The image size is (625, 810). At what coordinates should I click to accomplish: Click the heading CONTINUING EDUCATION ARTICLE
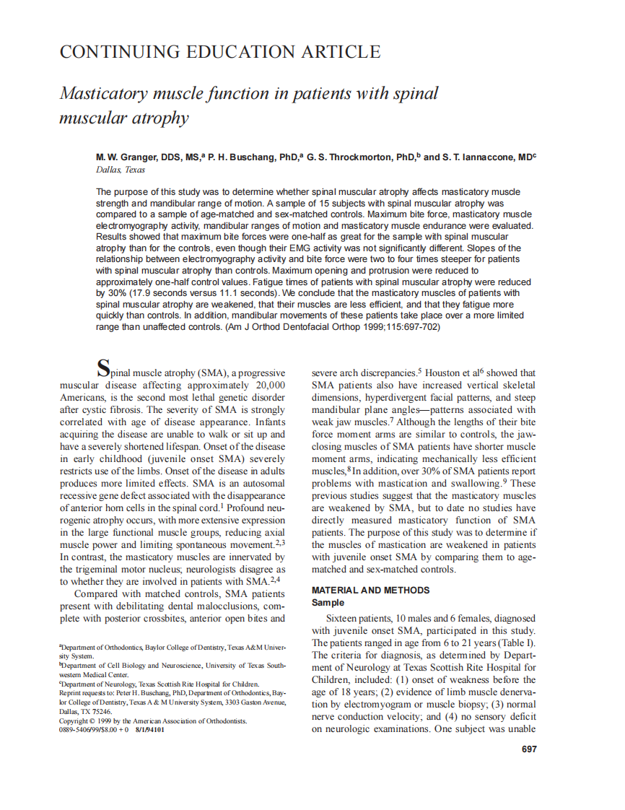[x=219, y=52]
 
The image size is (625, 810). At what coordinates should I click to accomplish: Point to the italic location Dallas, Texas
[x=120, y=170]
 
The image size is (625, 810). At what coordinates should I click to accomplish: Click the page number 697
[x=529, y=749]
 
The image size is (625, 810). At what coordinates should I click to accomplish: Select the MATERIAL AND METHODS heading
[x=370, y=590]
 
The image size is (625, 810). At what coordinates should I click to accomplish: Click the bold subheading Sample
[x=328, y=602]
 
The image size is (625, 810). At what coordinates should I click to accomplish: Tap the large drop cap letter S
[x=103, y=368]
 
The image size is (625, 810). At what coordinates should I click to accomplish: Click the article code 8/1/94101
[x=150, y=730]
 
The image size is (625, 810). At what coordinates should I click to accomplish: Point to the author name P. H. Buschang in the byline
[x=242, y=157]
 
